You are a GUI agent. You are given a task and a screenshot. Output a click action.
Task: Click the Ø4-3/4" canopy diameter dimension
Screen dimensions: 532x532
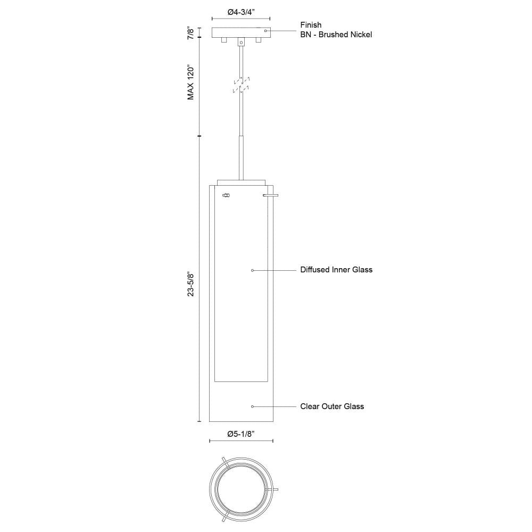[x=241, y=12]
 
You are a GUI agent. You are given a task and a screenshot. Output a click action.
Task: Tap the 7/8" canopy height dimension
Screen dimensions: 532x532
[x=191, y=33]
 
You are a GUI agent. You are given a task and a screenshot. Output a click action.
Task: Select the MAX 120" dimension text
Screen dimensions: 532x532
[x=191, y=82]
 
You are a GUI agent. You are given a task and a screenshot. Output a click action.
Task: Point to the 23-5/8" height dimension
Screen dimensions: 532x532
[x=191, y=284]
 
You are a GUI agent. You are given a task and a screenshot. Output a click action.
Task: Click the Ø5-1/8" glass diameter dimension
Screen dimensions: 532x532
[x=241, y=434]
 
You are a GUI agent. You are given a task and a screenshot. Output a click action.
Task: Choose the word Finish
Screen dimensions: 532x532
[x=311, y=25]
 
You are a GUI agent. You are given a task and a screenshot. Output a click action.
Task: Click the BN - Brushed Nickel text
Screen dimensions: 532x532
[x=336, y=35]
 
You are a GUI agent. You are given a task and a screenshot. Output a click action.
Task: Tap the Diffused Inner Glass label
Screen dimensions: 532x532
[x=336, y=270]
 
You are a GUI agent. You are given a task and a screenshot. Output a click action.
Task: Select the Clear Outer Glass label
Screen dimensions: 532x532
[x=332, y=406]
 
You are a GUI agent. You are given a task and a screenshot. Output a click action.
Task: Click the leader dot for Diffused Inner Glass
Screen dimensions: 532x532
[x=252, y=270]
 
